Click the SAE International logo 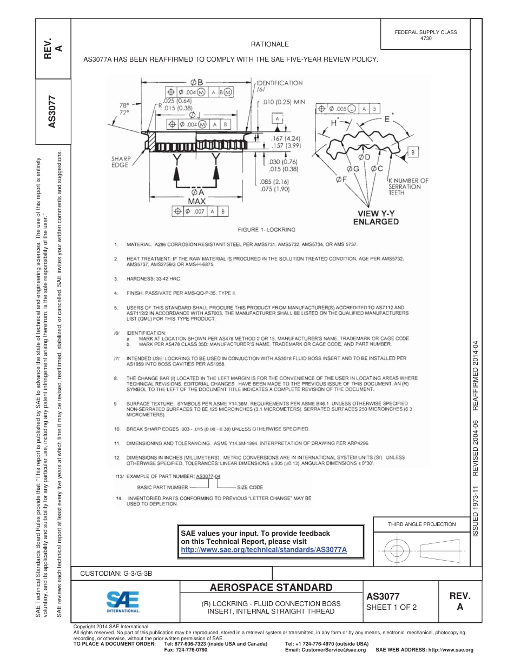tap(123, 601)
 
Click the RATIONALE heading tap(269, 44)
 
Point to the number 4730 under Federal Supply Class tap(426, 39)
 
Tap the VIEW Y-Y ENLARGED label tap(375, 217)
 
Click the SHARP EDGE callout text tap(121, 162)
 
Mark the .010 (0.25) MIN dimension tap(284, 102)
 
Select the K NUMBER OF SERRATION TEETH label tap(408, 187)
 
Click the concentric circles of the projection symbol tap(399, 551)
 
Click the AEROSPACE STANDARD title tap(271, 588)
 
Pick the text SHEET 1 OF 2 tap(392, 607)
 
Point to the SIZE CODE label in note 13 tap(250, 487)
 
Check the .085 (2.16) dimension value tap(275, 182)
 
